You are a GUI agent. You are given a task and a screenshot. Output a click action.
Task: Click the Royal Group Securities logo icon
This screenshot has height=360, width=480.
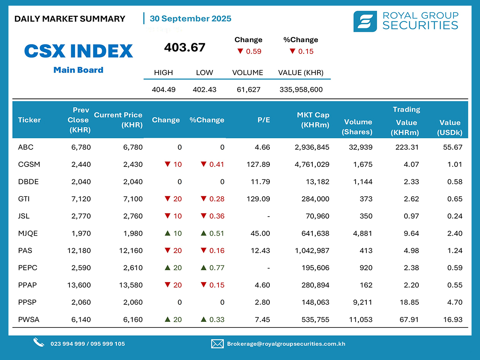[x=365, y=21]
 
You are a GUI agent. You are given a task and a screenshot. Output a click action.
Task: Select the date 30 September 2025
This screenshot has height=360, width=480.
[x=190, y=19]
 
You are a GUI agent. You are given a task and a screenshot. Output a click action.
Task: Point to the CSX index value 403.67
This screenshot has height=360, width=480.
[x=185, y=48]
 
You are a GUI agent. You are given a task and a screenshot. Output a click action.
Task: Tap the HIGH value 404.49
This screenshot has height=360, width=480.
[x=164, y=89]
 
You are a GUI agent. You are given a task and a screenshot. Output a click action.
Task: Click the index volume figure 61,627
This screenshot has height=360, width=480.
[x=248, y=89]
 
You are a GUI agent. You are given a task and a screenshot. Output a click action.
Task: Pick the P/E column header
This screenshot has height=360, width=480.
[x=263, y=120]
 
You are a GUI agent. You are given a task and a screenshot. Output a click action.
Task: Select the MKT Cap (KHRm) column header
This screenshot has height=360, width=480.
[x=313, y=120]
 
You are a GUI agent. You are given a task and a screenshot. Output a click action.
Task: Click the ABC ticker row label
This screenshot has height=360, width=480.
[x=26, y=147]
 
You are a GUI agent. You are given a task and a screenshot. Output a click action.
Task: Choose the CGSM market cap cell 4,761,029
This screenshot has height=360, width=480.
[x=312, y=165]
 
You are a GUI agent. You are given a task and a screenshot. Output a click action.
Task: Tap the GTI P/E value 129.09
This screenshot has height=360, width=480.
[x=258, y=199]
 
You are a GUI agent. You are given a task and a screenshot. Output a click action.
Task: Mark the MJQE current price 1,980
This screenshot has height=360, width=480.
[x=133, y=234]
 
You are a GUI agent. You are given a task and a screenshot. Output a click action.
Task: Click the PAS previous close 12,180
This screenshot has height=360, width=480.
[x=79, y=251]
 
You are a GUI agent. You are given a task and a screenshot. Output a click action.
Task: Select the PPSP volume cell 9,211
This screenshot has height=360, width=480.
[x=363, y=302]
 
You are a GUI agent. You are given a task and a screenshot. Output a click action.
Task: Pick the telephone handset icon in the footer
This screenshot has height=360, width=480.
[x=39, y=343]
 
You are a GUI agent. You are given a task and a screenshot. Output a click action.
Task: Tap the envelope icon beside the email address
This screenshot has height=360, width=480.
[x=217, y=344]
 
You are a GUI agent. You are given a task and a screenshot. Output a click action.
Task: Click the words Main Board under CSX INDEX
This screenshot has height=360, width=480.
[x=78, y=70]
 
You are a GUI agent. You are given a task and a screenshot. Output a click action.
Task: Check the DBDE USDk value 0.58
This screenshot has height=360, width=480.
[x=455, y=182]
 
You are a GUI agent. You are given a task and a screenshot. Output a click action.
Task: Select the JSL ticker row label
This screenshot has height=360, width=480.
[x=24, y=217]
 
